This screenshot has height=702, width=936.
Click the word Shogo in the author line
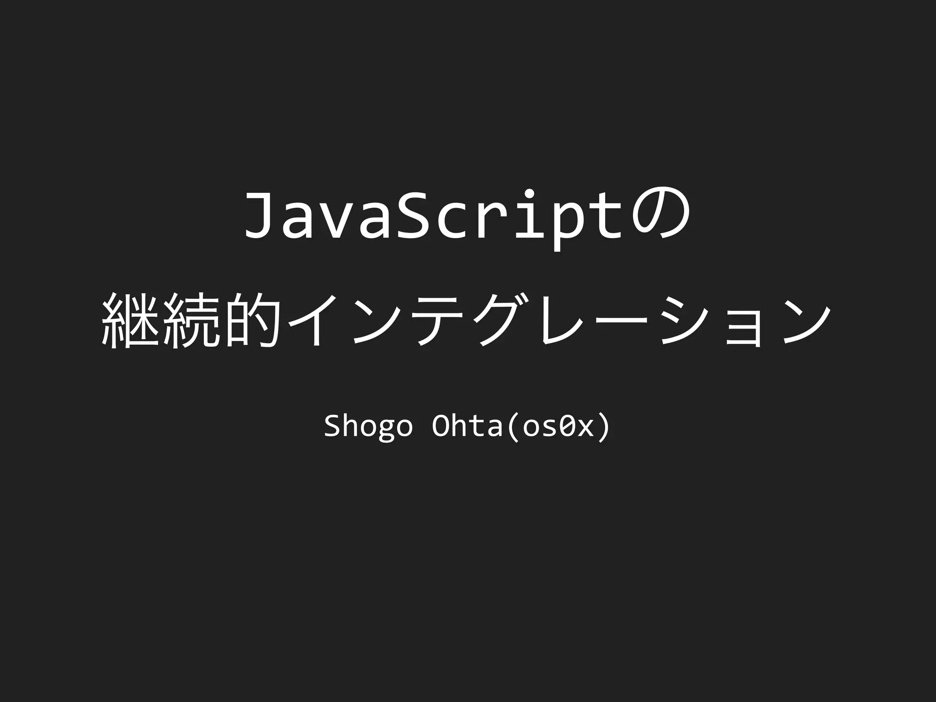tap(368, 426)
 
